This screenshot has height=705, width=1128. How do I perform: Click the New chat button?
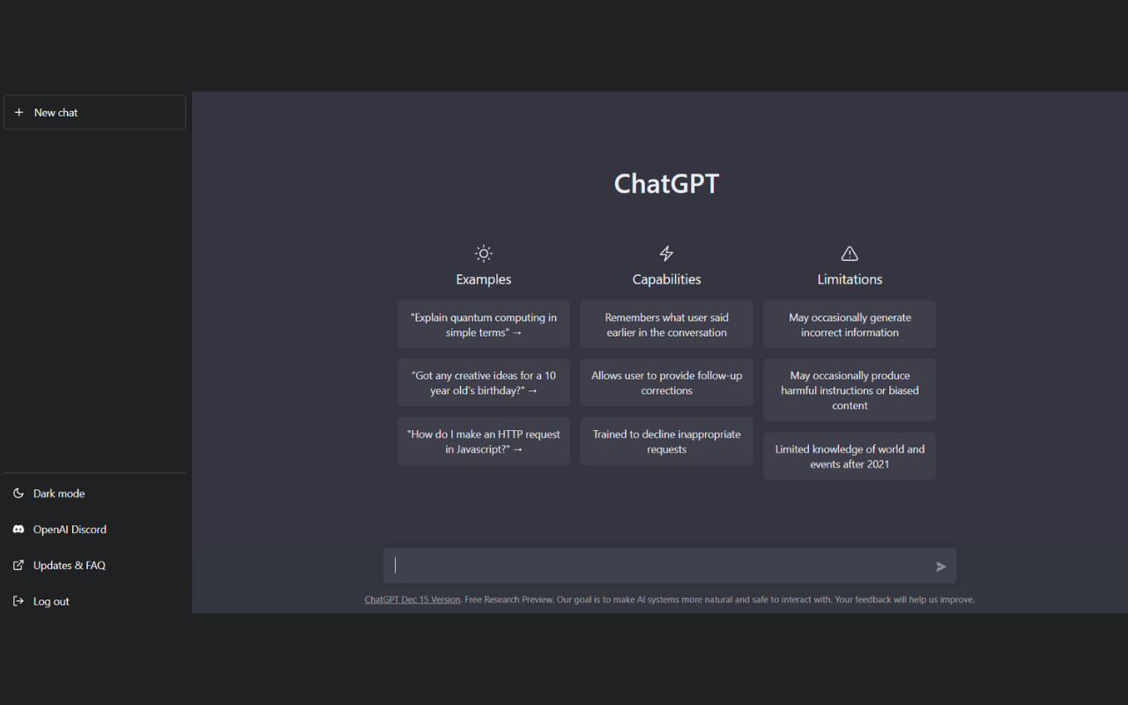[x=94, y=112]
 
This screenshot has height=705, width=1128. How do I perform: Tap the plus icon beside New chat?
[x=19, y=112]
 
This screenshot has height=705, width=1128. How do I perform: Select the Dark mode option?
[x=59, y=493]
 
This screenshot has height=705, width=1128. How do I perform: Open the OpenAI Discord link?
[x=70, y=530]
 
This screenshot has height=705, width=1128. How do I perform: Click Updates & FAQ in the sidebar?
[x=70, y=566]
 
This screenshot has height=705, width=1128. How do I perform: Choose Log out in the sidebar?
[x=51, y=601]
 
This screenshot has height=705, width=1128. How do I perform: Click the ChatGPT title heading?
[x=666, y=183]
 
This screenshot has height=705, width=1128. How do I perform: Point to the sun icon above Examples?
[x=484, y=253]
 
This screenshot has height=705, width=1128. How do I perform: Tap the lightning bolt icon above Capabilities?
[x=666, y=253]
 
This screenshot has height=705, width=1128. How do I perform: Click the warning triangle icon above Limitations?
[x=850, y=253]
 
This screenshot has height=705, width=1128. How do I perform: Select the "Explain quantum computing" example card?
[x=484, y=325]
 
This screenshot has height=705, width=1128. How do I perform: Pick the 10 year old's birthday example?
[x=484, y=382]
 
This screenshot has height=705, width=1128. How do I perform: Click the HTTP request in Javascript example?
[x=484, y=442]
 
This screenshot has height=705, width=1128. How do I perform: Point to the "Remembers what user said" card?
[x=666, y=325]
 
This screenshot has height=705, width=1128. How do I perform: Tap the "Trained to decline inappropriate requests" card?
[x=666, y=442]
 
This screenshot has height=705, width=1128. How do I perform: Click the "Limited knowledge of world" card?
[x=850, y=456]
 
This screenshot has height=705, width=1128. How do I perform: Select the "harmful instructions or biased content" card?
[x=850, y=390]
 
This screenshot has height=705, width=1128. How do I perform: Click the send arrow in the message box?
[x=940, y=567]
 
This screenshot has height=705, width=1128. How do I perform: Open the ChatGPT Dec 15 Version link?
[x=412, y=600]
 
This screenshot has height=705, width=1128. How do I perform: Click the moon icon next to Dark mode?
[x=19, y=493]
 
